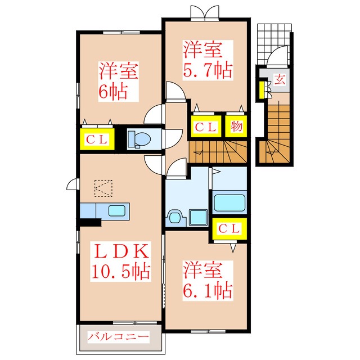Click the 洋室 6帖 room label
[x=119, y=81]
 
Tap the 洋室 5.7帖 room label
[x=208, y=60]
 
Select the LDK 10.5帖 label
[x=120, y=262]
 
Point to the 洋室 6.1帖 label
[x=208, y=280]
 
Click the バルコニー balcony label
[x=118, y=337]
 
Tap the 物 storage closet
[x=236, y=126]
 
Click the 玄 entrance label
[x=280, y=80]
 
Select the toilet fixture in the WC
[x=139, y=139]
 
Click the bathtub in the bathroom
[x=229, y=202]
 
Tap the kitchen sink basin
[x=117, y=210]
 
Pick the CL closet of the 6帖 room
[x=97, y=139]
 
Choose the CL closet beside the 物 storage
[x=206, y=126]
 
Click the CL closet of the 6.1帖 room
[x=229, y=229]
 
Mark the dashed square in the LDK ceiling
[x=103, y=188]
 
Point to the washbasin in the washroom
[x=175, y=217]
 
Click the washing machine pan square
[x=199, y=218]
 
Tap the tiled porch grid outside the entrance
[x=274, y=44]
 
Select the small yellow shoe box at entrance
[x=262, y=90]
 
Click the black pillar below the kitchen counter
[x=90, y=222]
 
